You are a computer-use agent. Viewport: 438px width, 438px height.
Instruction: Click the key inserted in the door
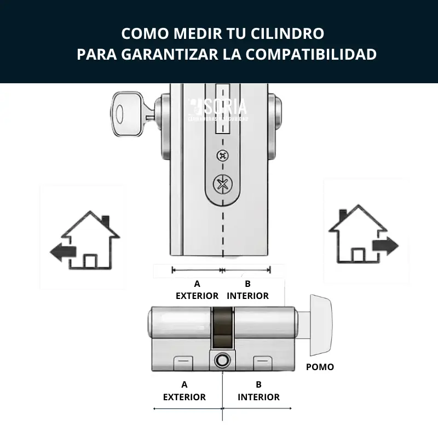click(x=127, y=115)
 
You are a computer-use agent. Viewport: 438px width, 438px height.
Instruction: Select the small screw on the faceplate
click(x=222, y=155)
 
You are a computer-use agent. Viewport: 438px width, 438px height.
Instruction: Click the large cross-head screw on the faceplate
click(x=222, y=184)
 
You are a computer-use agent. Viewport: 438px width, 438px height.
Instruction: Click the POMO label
click(x=320, y=367)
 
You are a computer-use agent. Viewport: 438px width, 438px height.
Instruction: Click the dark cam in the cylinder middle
click(x=222, y=328)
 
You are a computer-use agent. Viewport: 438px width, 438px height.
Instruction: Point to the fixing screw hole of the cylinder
click(x=222, y=360)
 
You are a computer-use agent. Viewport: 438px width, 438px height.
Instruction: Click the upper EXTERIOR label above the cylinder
click(x=197, y=296)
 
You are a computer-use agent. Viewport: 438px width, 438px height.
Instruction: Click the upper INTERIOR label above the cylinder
click(x=247, y=296)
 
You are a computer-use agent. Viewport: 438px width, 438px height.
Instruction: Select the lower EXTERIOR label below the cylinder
click(x=185, y=397)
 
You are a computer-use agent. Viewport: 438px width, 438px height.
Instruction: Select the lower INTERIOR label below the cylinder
click(x=258, y=397)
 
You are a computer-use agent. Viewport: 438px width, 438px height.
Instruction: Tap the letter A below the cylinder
click(x=185, y=384)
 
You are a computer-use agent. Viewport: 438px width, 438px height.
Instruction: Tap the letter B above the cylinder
click(x=247, y=284)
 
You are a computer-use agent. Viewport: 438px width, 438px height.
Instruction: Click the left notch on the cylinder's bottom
click(x=182, y=361)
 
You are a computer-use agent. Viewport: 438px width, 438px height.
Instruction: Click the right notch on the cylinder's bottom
click(x=262, y=361)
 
